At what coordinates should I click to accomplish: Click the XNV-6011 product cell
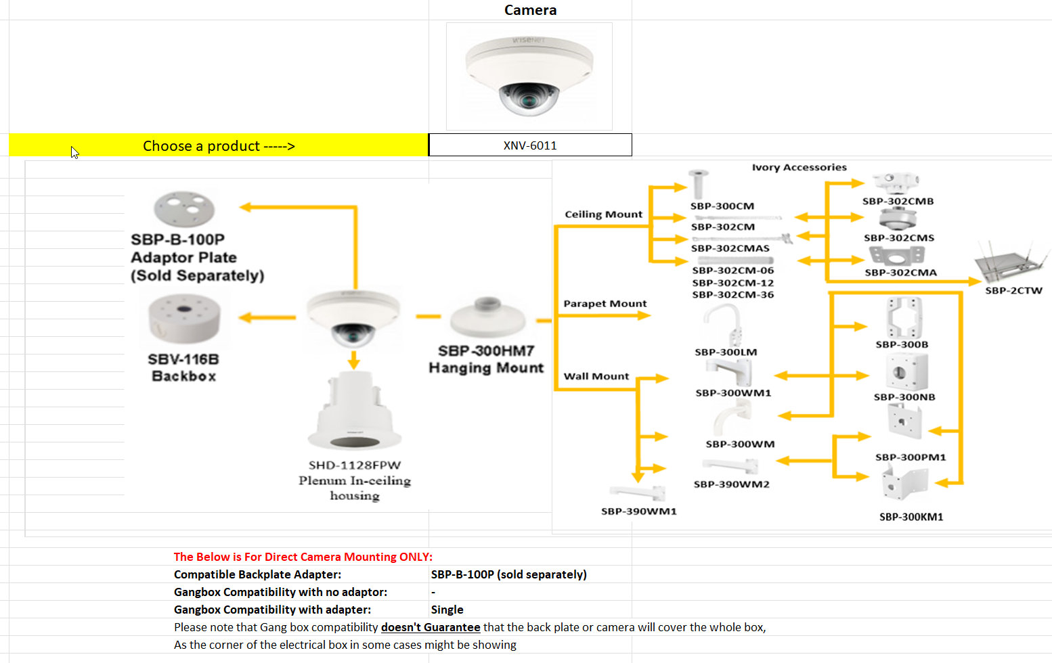(x=530, y=145)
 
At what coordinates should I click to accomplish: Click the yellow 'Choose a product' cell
(x=219, y=145)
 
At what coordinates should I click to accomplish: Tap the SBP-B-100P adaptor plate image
(x=184, y=208)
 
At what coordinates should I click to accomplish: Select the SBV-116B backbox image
(x=184, y=319)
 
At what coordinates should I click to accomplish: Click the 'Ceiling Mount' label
(x=603, y=214)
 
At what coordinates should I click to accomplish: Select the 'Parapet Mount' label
(x=605, y=304)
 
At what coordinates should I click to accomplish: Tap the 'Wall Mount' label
(x=596, y=376)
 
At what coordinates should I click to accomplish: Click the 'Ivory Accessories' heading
(x=799, y=167)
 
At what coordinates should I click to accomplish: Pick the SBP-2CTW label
(x=1013, y=290)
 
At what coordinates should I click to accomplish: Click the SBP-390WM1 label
(x=638, y=511)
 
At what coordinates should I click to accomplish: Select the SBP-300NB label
(x=904, y=397)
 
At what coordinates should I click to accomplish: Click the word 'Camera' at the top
(x=530, y=10)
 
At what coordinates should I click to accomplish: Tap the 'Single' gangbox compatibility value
(x=447, y=610)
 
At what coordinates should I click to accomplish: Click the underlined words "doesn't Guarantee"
(x=431, y=627)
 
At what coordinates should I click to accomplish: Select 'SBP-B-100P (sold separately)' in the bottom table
(x=508, y=574)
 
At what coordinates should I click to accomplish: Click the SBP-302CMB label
(x=898, y=201)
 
